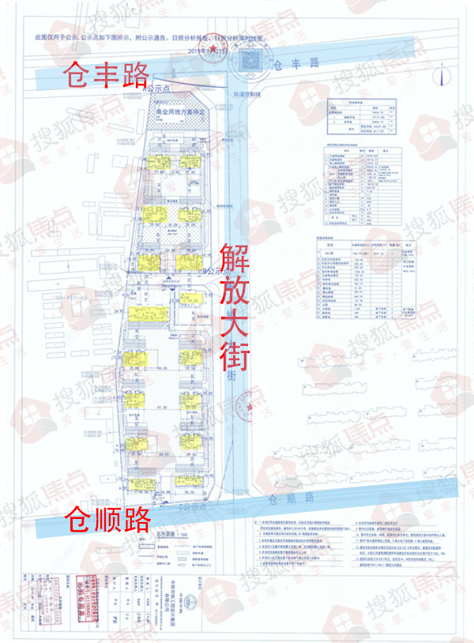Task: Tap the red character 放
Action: point(235,291)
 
